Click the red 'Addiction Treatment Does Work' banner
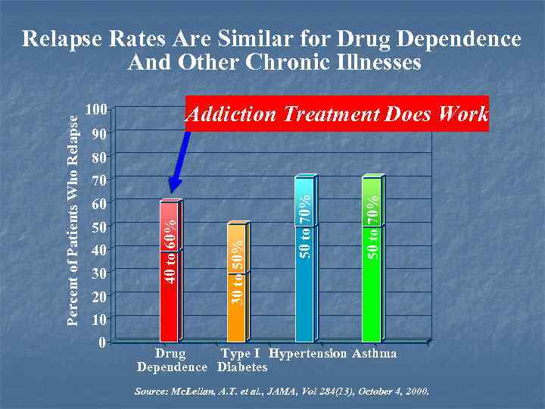(x=337, y=114)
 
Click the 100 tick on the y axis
(x=95, y=110)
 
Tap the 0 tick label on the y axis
(x=101, y=342)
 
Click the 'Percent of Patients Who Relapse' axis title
(x=73, y=220)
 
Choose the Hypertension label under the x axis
(x=308, y=354)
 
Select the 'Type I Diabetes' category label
(x=241, y=361)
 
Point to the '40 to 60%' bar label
(x=171, y=251)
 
